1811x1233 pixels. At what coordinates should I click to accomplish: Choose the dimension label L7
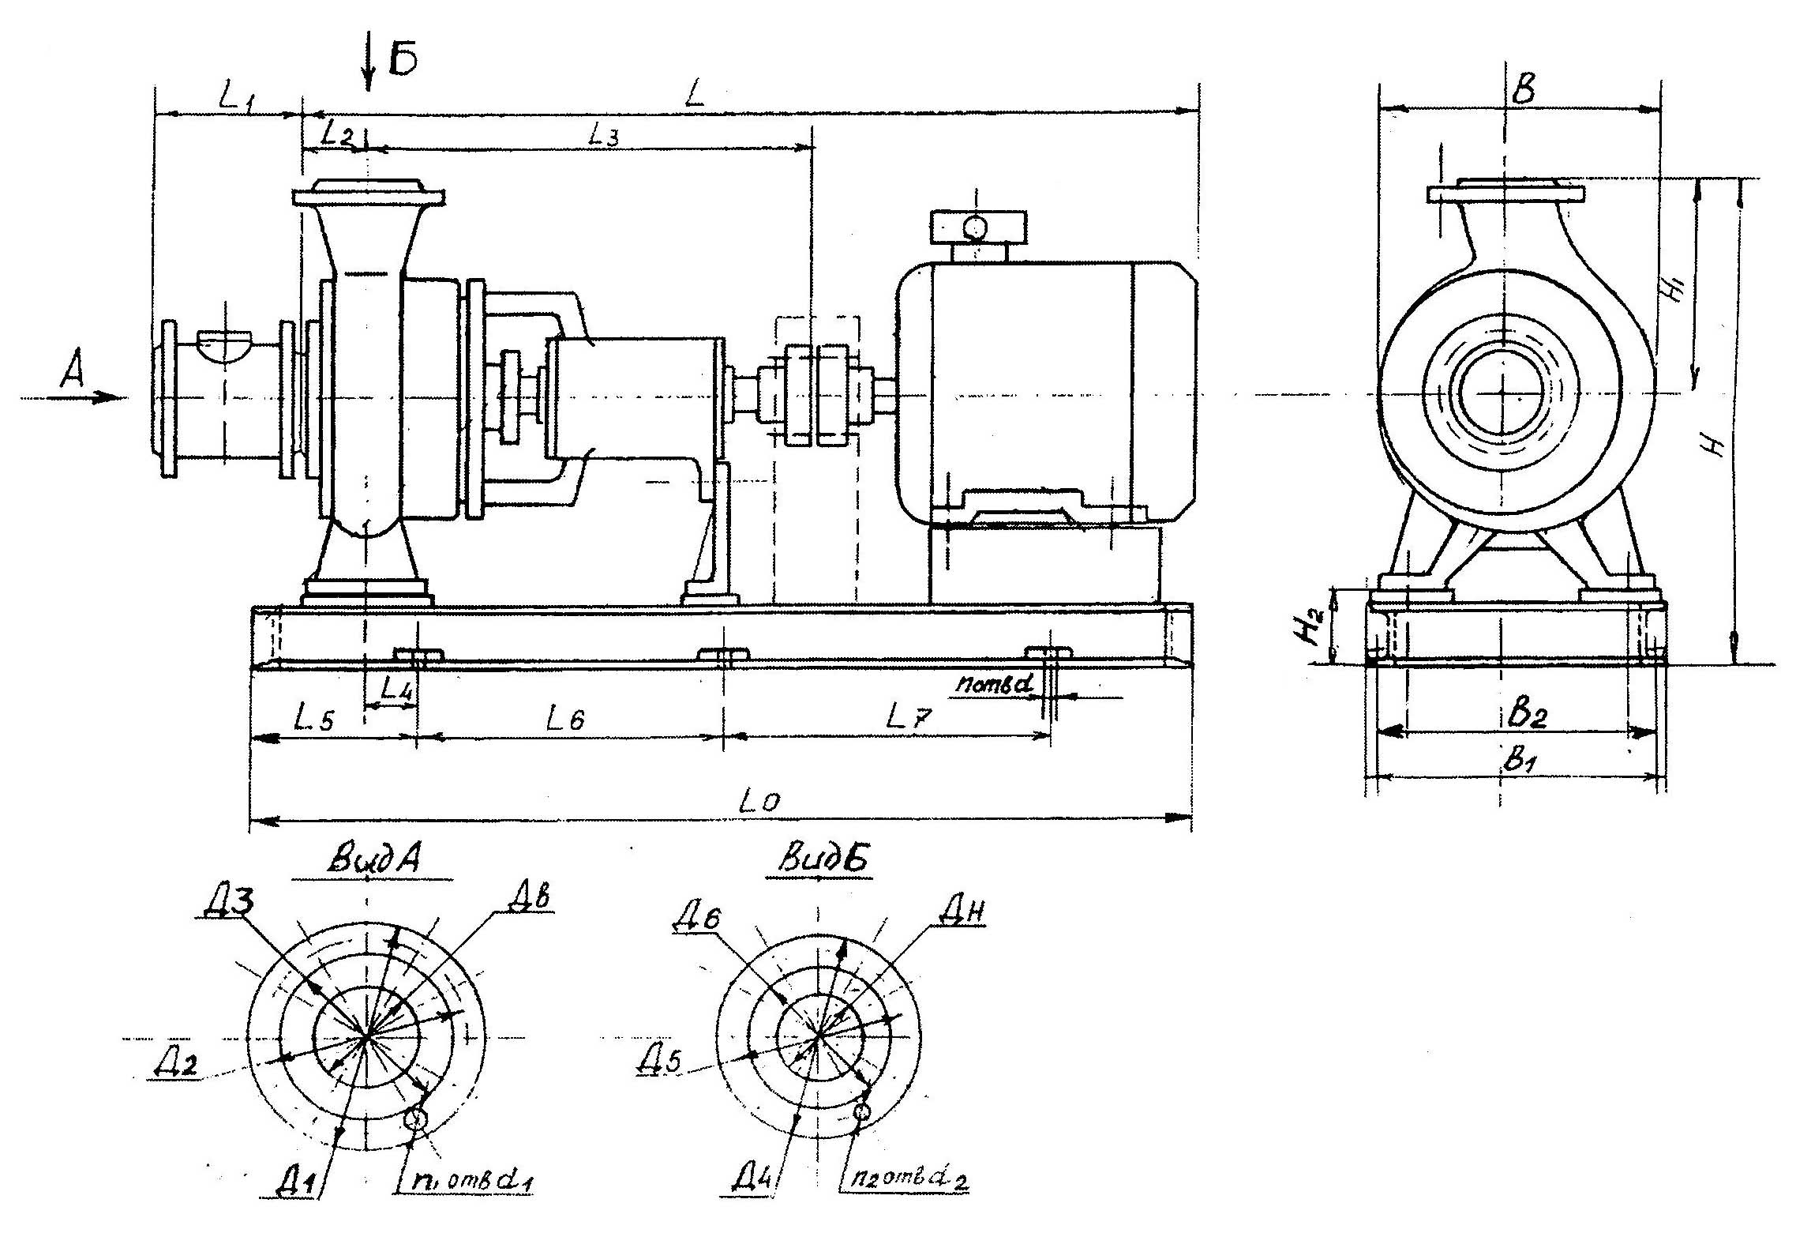point(908,717)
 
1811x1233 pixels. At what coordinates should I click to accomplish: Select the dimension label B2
point(1527,715)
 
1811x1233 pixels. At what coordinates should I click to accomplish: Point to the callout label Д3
point(227,903)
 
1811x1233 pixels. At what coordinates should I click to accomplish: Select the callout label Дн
point(962,914)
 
